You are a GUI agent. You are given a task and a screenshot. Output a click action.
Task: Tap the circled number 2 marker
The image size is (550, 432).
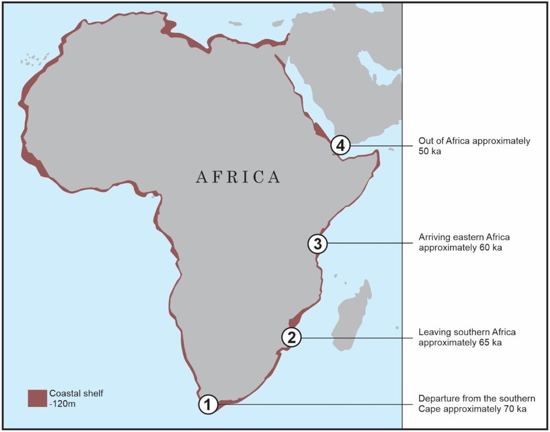[x=291, y=337]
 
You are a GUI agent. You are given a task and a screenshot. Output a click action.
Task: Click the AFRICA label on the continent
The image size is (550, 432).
[x=238, y=177]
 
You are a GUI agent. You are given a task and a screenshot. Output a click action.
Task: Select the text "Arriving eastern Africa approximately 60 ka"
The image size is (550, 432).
[x=464, y=242]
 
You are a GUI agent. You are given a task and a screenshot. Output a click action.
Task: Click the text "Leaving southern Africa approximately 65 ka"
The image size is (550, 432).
[x=467, y=337]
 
